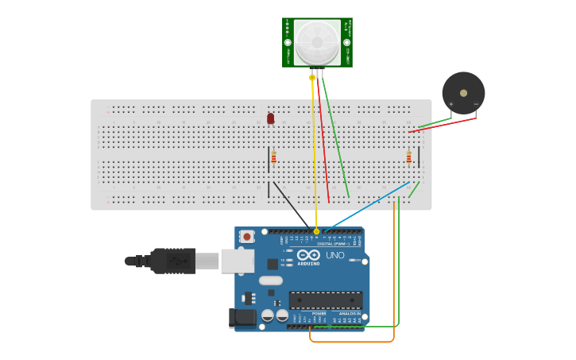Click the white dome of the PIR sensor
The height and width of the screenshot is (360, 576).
[x=317, y=42]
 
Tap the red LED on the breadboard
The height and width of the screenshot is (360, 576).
[x=270, y=118]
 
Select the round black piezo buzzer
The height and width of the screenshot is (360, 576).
[x=463, y=93]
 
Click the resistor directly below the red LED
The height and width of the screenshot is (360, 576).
[x=273, y=157]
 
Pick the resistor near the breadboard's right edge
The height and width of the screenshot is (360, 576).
[x=408, y=157]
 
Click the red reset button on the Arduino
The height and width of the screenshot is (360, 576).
[x=248, y=236]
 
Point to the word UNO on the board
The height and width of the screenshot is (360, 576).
[x=335, y=255]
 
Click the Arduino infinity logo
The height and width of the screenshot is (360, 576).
[x=308, y=256]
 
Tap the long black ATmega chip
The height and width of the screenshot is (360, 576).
[x=325, y=300]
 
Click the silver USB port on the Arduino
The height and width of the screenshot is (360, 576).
[x=237, y=261]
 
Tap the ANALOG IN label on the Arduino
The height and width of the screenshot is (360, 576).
[x=349, y=314]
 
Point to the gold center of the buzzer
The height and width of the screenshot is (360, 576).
[x=463, y=93]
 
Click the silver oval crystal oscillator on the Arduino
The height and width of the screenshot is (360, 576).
[x=270, y=280]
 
